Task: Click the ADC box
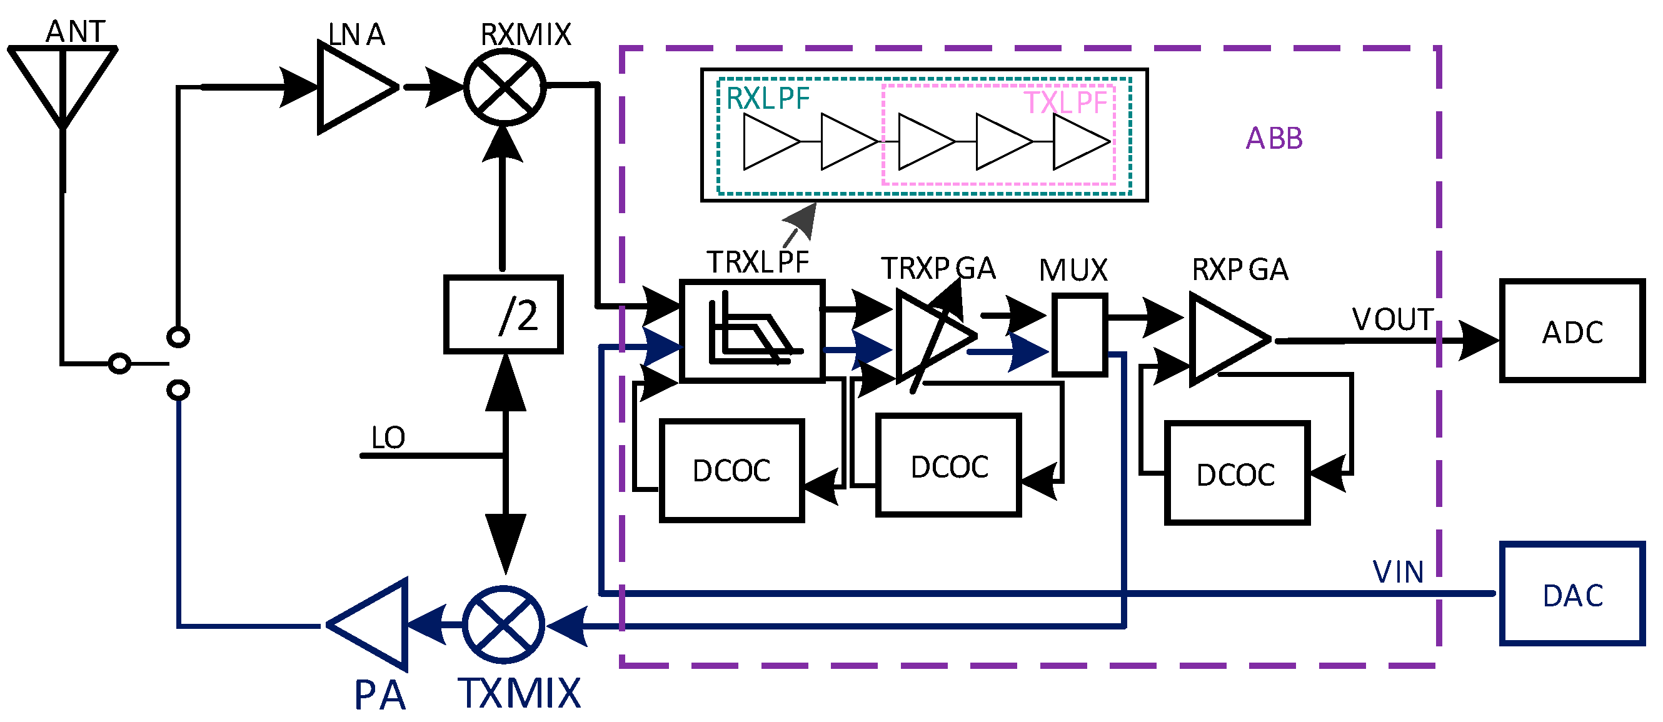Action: point(1571,331)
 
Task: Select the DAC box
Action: point(1571,594)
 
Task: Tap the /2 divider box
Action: point(503,314)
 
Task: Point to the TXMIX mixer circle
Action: point(503,624)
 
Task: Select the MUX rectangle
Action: point(1080,335)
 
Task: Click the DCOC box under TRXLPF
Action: point(731,470)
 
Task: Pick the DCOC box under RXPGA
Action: point(1236,473)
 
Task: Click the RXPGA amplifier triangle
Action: point(1223,339)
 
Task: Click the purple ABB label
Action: point(1274,139)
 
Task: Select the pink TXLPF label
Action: point(1065,103)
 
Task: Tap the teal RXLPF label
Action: point(767,99)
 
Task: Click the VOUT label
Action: point(1392,319)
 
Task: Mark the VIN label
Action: point(1398,573)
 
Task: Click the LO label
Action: point(388,438)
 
